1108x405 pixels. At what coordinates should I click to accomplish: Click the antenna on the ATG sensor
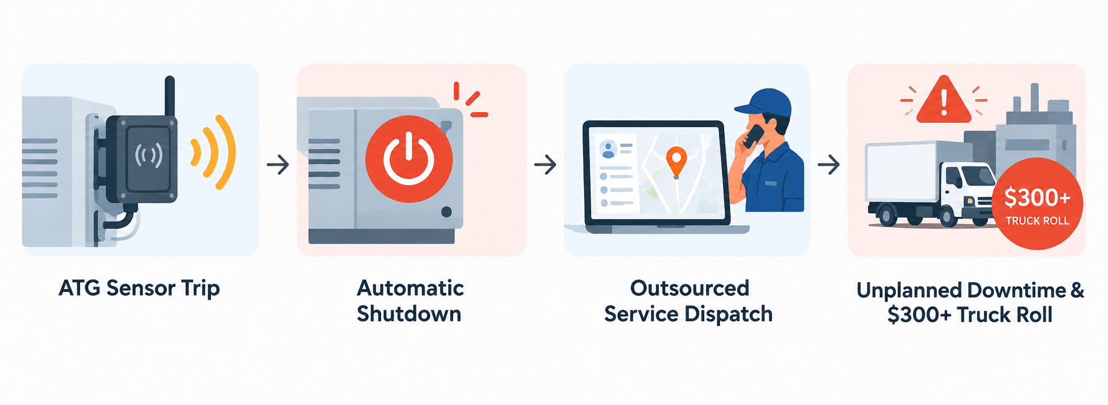click(169, 96)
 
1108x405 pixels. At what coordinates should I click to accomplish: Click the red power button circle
click(409, 159)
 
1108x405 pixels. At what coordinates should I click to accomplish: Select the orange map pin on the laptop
click(676, 162)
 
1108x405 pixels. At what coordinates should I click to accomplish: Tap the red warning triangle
click(944, 99)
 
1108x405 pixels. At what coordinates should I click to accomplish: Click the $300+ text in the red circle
click(1037, 198)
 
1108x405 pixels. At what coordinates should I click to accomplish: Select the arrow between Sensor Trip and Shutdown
click(278, 165)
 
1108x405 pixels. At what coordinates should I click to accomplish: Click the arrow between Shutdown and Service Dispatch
click(545, 165)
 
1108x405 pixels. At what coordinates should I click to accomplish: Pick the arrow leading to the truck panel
click(828, 165)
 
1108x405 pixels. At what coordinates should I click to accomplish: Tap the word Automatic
click(410, 289)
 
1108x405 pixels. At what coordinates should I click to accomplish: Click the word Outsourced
click(689, 289)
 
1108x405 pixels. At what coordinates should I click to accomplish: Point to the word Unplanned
click(908, 291)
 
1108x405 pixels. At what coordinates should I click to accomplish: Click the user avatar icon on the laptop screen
click(608, 149)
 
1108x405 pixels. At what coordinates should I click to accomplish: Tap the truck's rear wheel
click(887, 216)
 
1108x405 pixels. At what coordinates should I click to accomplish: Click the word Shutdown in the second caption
click(409, 314)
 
